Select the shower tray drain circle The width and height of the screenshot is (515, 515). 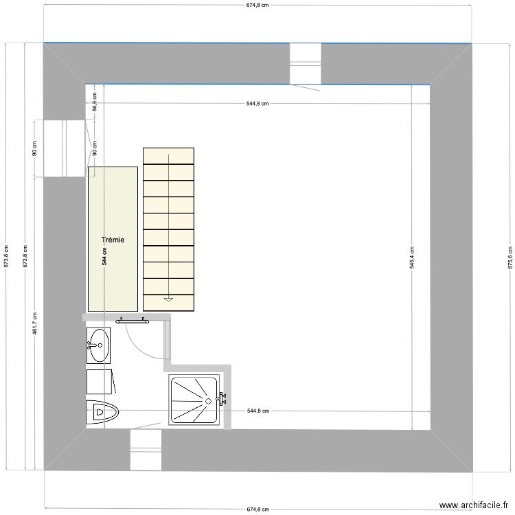coord(207,400)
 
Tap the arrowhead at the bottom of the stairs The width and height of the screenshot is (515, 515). coord(168,299)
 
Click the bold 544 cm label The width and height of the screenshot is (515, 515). coord(104,256)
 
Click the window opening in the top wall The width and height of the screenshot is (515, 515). coord(305,62)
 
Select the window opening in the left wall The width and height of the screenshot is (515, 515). coord(64,148)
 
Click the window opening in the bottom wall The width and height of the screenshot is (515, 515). coord(146,450)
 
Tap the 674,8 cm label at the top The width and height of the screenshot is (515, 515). coord(257,5)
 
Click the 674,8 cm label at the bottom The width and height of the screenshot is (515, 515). coord(257,510)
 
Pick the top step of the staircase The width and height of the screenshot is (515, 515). coord(168,156)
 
